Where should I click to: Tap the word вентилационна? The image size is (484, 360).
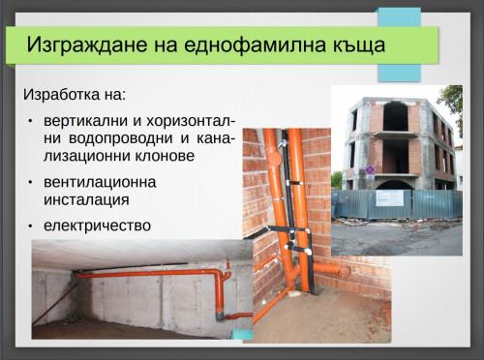click(x=100, y=182)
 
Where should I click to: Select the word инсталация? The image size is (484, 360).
click(x=86, y=199)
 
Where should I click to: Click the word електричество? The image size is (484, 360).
click(x=97, y=225)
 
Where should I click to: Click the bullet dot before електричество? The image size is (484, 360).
click(x=30, y=226)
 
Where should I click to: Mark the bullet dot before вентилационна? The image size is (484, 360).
click(x=30, y=183)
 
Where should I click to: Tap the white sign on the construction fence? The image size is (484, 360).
click(x=390, y=197)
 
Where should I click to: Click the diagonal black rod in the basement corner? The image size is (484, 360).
click(x=56, y=304)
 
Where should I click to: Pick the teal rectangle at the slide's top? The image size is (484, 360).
click(x=399, y=44)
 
